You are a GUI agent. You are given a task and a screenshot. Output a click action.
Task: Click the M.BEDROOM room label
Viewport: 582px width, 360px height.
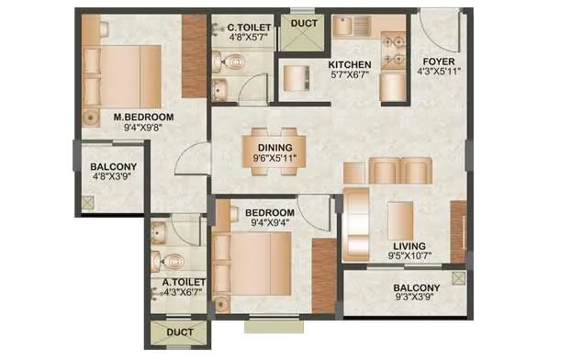pyautogui.click(x=137, y=117)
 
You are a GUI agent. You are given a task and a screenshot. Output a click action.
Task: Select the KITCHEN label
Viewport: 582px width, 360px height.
pyautogui.click(x=350, y=64)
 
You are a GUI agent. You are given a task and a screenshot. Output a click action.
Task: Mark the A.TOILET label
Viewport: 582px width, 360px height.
pyautogui.click(x=184, y=282)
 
